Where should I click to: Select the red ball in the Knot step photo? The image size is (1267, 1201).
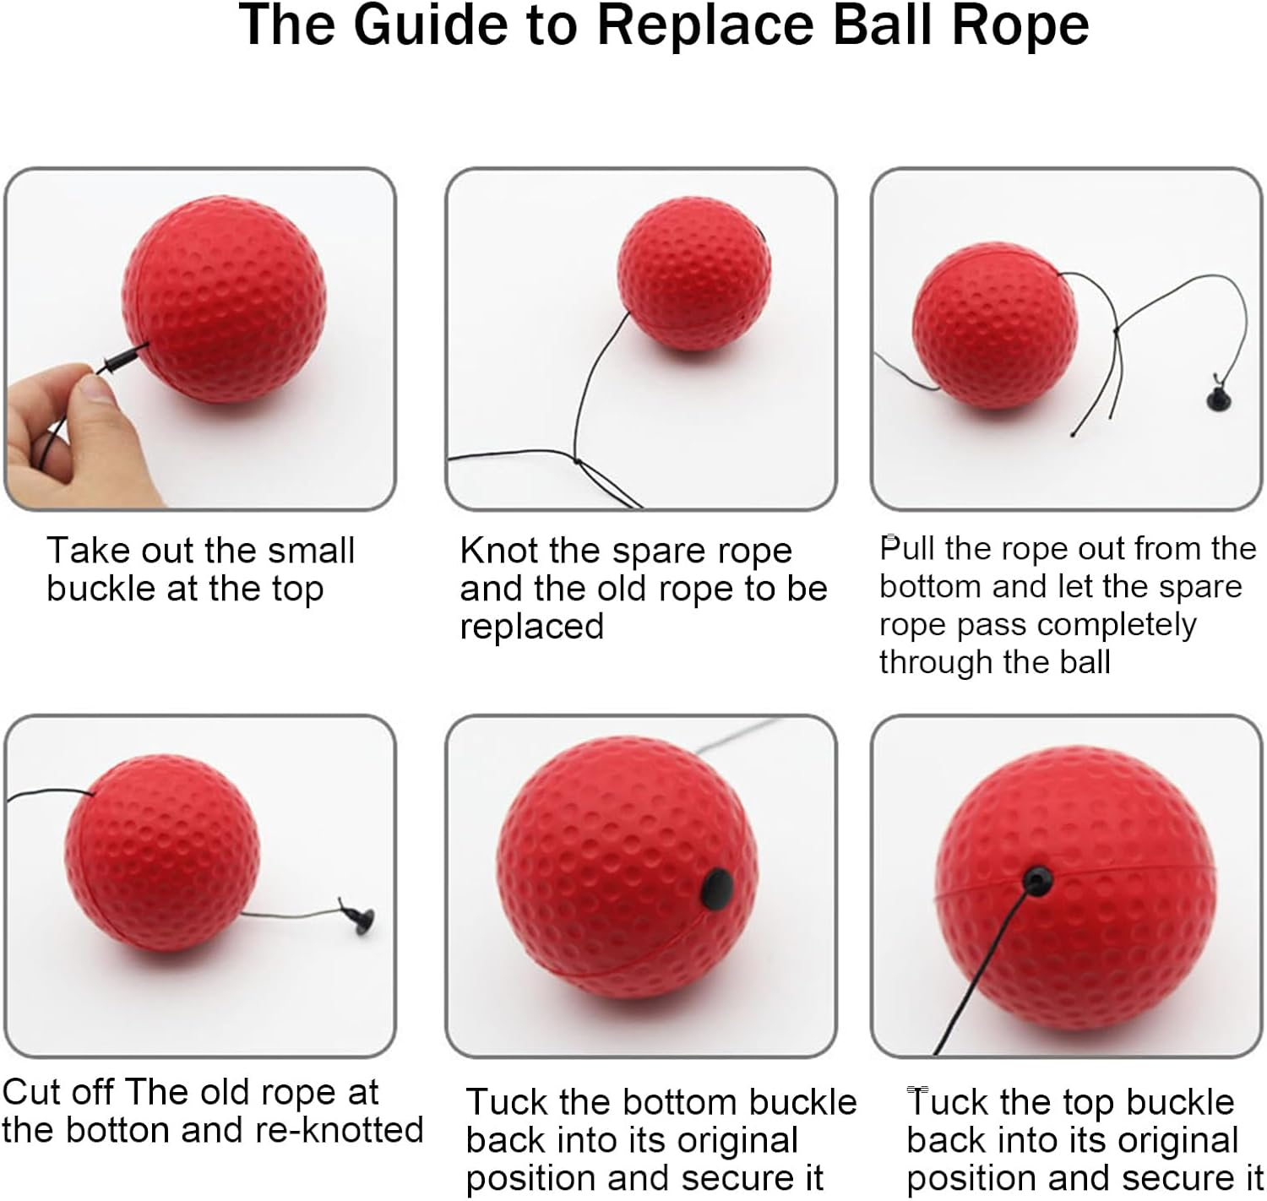click(x=694, y=274)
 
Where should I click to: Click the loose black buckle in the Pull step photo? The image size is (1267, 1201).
click(x=1217, y=394)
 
